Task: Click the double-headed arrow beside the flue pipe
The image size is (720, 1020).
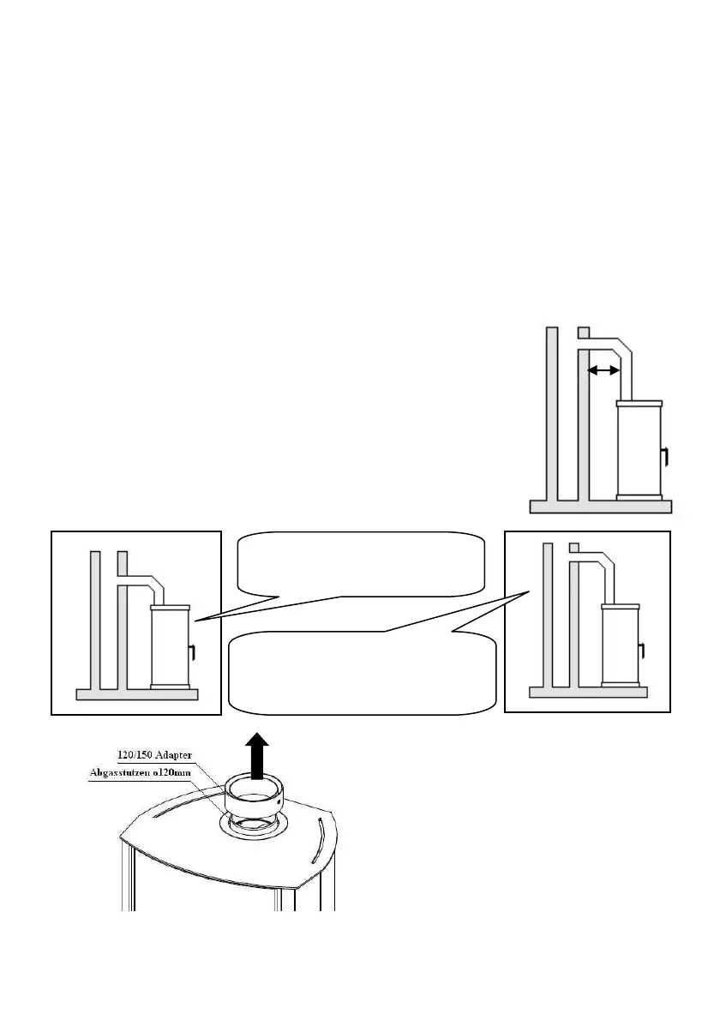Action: point(603,370)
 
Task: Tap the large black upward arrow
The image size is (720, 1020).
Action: point(255,754)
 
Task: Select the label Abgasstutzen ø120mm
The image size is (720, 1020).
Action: point(144,772)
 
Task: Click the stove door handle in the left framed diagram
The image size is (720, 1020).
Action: point(194,653)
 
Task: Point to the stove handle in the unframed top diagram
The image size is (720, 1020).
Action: point(666,455)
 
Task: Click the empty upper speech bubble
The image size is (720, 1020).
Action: point(360,561)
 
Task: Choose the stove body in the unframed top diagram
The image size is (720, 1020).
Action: point(639,450)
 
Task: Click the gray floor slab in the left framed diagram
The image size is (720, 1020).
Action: point(137,694)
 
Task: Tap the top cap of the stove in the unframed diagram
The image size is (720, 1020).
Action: point(639,403)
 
